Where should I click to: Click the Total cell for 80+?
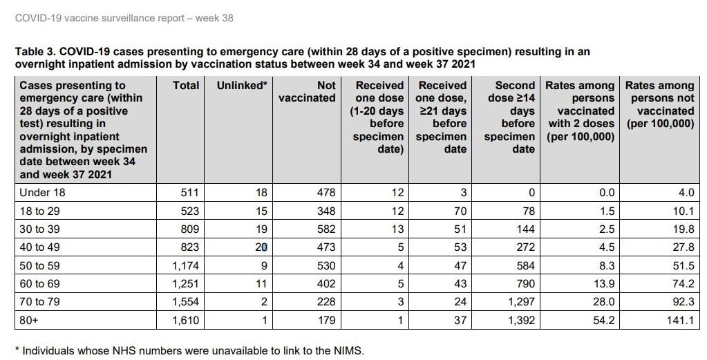(186, 321)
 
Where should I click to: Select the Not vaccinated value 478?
(326, 193)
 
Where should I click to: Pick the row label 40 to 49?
(39, 247)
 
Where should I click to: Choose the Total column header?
(186, 86)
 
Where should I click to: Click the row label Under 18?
(42, 193)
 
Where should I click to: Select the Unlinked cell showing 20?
(261, 247)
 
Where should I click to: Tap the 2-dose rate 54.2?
(604, 321)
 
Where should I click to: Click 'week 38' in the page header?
(214, 19)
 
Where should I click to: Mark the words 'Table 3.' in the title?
(35, 52)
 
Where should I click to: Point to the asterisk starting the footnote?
(17, 349)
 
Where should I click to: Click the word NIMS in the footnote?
(349, 350)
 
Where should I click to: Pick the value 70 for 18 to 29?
(460, 211)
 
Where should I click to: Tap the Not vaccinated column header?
(307, 92)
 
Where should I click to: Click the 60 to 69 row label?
(39, 284)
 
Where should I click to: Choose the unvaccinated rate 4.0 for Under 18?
(686, 193)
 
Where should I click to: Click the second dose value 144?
(526, 229)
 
